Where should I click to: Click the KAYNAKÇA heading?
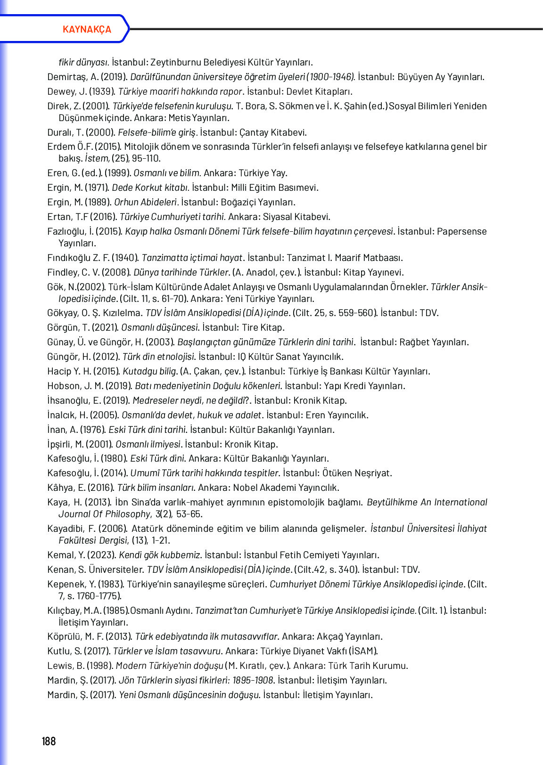pyautogui.click(x=87, y=29)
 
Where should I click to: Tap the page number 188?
pyautogui.click(x=49, y=741)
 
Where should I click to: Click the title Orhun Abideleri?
pyautogui.click(x=146, y=202)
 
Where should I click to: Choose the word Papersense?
pyautogui.click(x=462, y=231)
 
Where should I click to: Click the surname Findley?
pyautogui.click(x=63, y=272)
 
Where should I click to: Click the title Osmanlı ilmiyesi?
pyautogui.click(x=148, y=444)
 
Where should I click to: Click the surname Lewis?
pyautogui.click(x=59, y=666)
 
